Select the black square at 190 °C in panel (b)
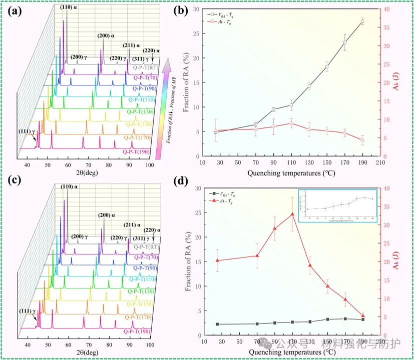point(362,21)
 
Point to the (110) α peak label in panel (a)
point(66,7)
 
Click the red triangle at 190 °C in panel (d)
point(362,315)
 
